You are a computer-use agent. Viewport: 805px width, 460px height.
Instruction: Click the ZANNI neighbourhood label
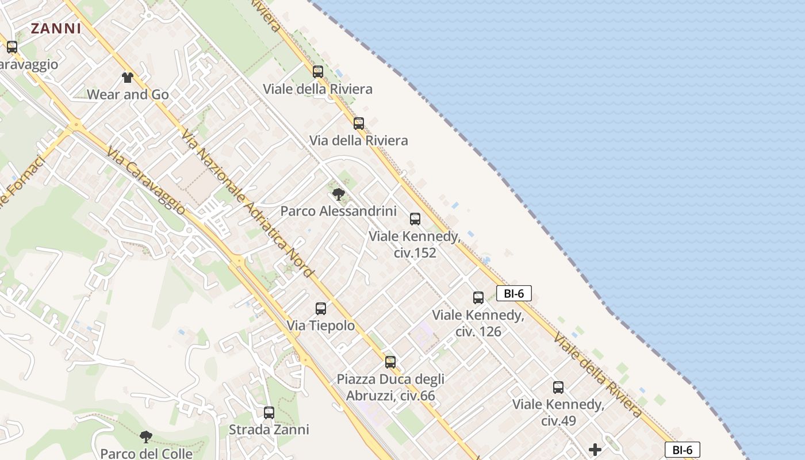coord(56,28)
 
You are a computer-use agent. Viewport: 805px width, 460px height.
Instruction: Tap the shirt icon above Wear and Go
coord(128,78)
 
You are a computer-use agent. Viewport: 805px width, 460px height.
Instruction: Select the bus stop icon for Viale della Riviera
coord(318,72)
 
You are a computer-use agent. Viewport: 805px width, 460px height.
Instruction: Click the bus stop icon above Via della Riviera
coord(359,124)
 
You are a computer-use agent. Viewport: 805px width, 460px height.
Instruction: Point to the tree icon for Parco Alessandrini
coord(339,194)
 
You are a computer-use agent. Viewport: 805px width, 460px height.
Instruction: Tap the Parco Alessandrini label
coord(338,211)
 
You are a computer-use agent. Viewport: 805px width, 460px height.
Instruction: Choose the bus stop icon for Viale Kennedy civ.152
coord(415,219)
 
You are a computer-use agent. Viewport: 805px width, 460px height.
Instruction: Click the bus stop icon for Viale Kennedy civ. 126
coord(478,298)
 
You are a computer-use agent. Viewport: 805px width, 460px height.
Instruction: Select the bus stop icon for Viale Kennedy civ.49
coord(558,388)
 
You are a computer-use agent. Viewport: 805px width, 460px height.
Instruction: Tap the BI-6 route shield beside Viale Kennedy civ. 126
coord(514,294)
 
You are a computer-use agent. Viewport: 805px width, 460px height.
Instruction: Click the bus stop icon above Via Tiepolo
coord(321,309)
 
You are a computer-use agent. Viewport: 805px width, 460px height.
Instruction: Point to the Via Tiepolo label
coord(321,326)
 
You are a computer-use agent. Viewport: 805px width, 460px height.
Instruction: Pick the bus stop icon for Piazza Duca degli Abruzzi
coord(390,362)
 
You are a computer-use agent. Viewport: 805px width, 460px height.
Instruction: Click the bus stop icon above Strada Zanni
coord(269,413)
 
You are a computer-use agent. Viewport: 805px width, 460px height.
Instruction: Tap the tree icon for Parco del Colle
coord(146,437)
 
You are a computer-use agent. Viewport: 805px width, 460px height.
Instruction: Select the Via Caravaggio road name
coord(146,181)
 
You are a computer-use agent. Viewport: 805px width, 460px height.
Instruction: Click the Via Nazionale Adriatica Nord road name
coord(248,204)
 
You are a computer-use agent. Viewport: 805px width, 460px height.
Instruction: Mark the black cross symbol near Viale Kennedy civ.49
coord(595,449)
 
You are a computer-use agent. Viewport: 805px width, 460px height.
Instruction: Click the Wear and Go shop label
coord(128,94)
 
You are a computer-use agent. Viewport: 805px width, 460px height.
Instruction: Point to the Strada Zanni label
coord(269,430)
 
